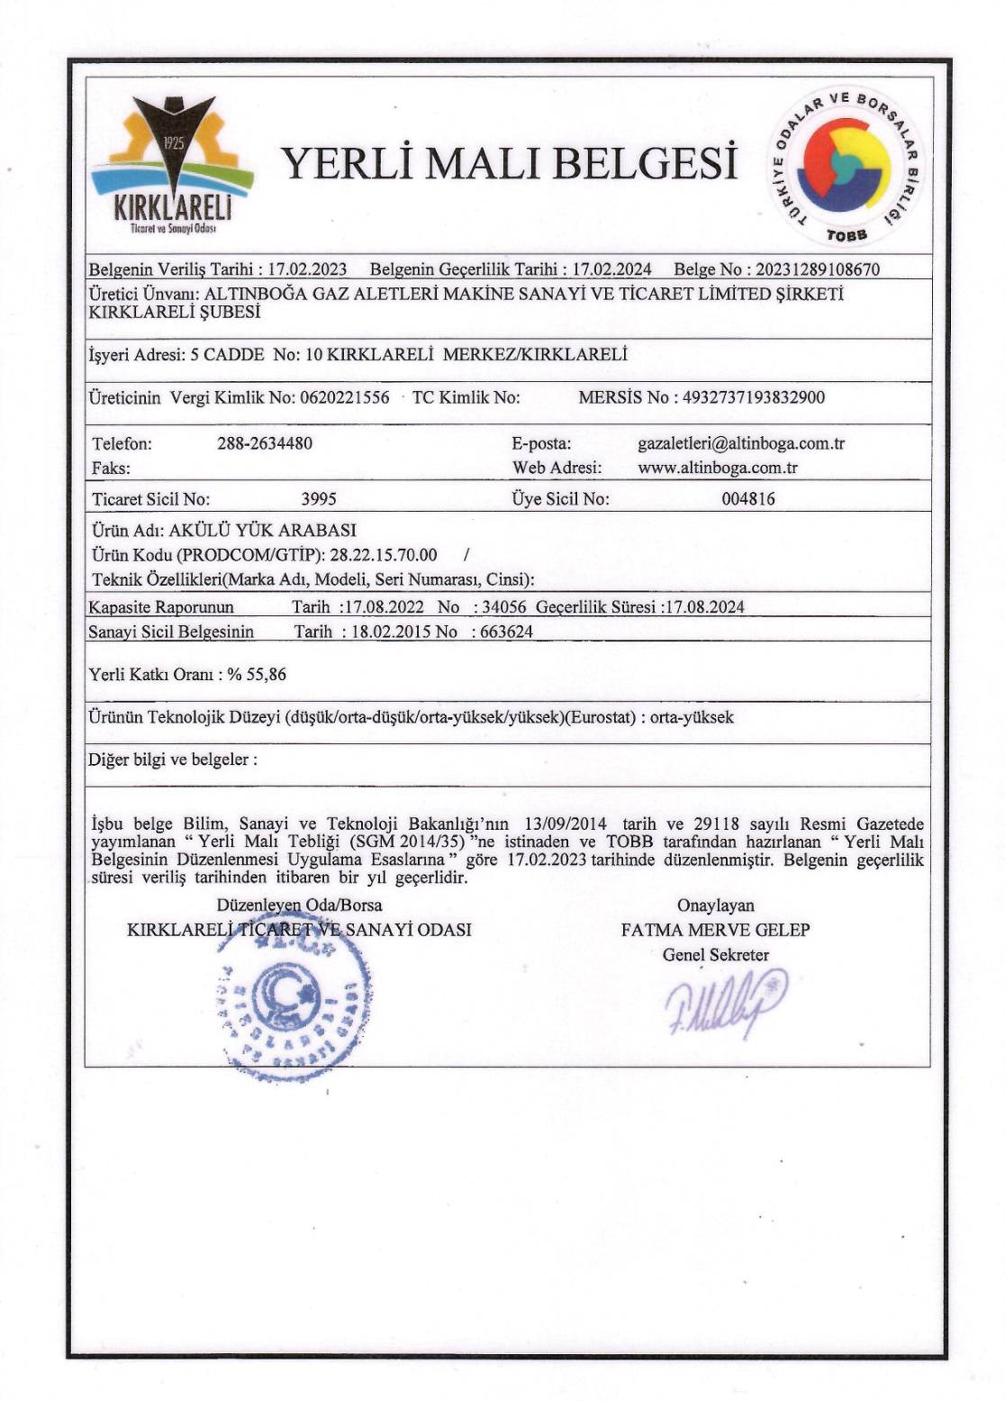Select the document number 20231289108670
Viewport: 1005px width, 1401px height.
[817, 269]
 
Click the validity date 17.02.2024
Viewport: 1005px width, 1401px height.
[611, 269]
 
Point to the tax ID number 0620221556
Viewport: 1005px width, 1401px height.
[345, 397]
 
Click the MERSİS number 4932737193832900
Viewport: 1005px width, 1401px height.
[754, 397]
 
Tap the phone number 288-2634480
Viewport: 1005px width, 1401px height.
[265, 443]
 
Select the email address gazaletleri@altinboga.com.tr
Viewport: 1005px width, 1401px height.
[740, 443]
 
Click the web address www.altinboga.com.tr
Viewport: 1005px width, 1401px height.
[718, 468]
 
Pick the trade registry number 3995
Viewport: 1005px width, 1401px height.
[319, 499]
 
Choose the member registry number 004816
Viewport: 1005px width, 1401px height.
[747, 499]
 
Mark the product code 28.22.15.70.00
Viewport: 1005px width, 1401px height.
[384, 555]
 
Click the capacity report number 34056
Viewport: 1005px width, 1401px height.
[504, 607]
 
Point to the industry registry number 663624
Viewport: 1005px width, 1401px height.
[506, 632]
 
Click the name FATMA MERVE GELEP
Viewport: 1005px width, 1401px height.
[715, 930]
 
